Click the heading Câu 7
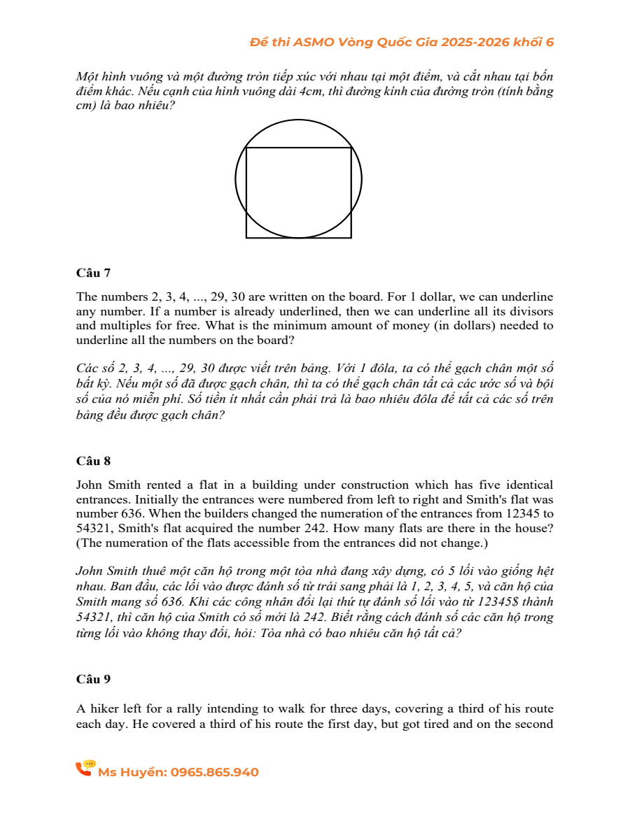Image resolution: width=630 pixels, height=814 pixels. [93, 272]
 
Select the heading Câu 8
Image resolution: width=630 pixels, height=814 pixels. [93, 461]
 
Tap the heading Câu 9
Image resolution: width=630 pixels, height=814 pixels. [93, 679]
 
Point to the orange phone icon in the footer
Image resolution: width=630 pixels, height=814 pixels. [85, 769]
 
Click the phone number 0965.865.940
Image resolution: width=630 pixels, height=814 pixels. [215, 772]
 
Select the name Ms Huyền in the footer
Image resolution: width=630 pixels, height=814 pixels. [132, 772]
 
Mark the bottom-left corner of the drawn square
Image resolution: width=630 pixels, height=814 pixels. [246, 238]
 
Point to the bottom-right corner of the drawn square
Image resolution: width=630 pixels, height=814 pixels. [351, 238]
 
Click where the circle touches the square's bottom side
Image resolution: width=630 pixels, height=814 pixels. [299, 238]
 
